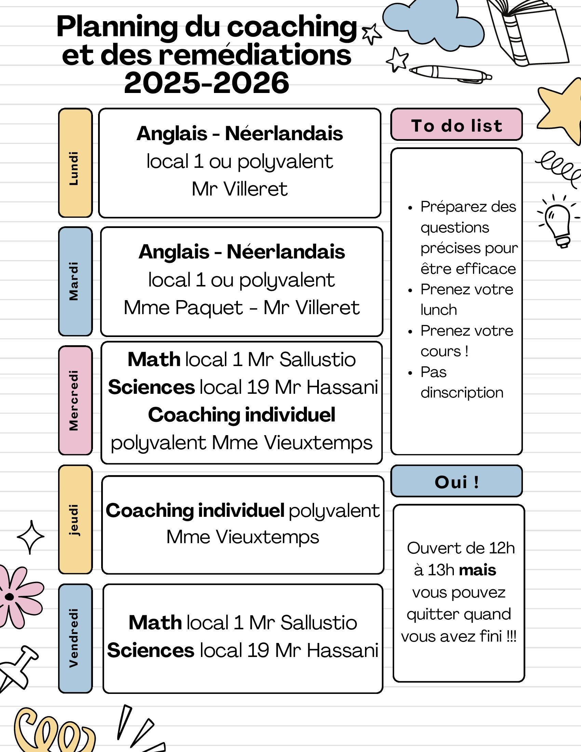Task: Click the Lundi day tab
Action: coord(76,163)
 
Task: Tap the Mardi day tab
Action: coord(76,281)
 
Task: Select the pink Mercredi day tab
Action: coord(76,401)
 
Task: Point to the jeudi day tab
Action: coord(76,520)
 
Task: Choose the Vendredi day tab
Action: coord(76,639)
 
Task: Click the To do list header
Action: coord(456,125)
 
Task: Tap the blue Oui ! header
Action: coord(456,481)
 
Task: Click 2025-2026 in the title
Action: coord(206,83)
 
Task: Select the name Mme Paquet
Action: coord(183,308)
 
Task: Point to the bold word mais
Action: coord(477,570)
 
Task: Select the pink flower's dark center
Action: coord(10,597)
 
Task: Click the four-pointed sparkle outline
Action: coord(31,537)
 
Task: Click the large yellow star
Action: coord(562,110)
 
